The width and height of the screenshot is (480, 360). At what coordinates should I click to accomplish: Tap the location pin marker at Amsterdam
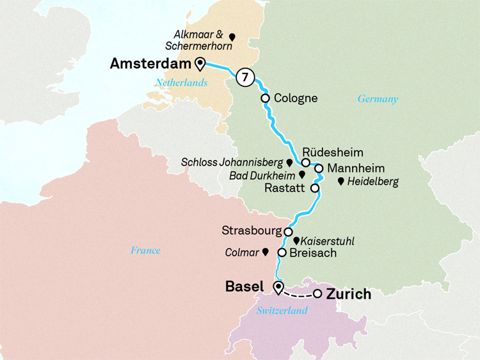click(x=200, y=63)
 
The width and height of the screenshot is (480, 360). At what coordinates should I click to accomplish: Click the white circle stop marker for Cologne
click(x=264, y=98)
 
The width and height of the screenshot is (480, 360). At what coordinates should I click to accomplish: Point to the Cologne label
click(x=295, y=98)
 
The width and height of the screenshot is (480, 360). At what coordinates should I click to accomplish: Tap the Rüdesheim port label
click(x=332, y=153)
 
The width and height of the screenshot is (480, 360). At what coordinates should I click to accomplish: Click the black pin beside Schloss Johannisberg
click(x=289, y=163)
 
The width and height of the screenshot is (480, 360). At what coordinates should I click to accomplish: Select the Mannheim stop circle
click(x=319, y=168)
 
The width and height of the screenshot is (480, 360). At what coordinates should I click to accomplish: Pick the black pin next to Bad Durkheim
click(x=301, y=174)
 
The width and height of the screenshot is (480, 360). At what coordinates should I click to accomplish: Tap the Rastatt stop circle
click(x=314, y=189)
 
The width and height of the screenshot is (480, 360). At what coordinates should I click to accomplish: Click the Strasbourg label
click(x=252, y=230)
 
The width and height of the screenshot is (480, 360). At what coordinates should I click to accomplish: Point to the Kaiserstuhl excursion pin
click(x=296, y=240)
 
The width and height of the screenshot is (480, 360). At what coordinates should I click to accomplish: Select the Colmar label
click(x=242, y=253)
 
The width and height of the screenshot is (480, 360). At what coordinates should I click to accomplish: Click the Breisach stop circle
click(x=282, y=253)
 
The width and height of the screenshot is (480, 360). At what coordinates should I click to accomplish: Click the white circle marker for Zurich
click(x=317, y=294)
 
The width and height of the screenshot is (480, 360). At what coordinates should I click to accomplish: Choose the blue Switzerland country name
click(x=282, y=311)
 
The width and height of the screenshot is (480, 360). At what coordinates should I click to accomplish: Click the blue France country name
click(x=145, y=250)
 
